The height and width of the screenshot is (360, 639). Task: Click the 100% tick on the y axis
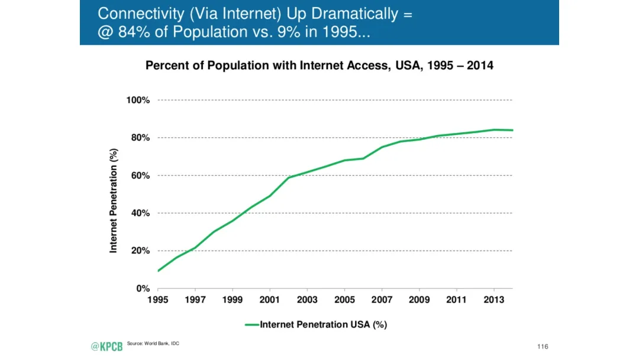click(138, 100)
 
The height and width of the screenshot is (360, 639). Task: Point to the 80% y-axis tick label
click(140, 138)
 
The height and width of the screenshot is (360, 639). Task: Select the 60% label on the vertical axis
click(140, 176)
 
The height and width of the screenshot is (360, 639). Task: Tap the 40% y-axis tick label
click(140, 213)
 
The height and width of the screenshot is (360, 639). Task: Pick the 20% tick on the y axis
click(140, 251)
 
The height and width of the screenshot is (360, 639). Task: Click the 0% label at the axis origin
click(143, 288)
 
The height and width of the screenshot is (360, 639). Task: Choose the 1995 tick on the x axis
click(157, 300)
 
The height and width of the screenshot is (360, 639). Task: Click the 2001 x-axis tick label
click(270, 300)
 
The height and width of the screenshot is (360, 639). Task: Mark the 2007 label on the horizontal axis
click(382, 300)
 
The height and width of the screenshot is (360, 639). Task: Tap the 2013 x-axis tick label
click(495, 300)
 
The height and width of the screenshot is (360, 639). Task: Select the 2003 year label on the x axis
click(307, 300)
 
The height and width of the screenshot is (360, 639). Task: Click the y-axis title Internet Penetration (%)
click(114, 201)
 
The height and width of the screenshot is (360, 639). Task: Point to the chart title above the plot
click(319, 66)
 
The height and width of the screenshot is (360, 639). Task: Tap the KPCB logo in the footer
click(106, 346)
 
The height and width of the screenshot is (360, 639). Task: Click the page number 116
click(543, 346)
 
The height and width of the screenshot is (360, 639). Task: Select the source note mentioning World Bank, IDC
click(153, 344)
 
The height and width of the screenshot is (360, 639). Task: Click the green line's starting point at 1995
click(158, 271)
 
